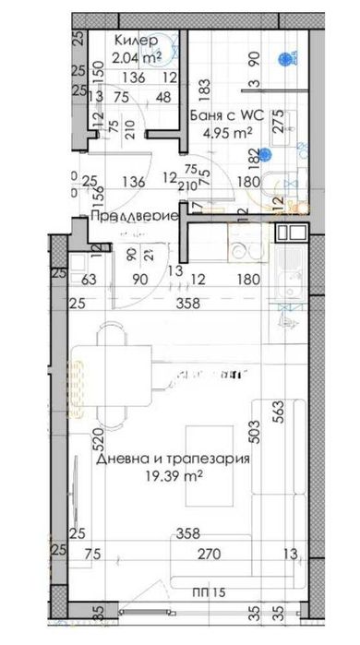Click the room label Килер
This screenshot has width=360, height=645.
[136, 41]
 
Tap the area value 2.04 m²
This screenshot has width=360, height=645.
[136, 57]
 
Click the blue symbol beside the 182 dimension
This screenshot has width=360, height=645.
[266, 154]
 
